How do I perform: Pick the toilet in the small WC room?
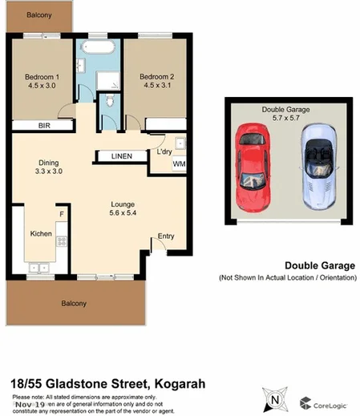pyautogui.click(x=109, y=102)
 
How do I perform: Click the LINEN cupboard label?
pyautogui.click(x=123, y=155)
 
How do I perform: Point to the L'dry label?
pyautogui.click(x=166, y=152)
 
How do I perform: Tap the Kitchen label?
pyautogui.click(x=41, y=234)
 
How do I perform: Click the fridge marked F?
pyautogui.click(x=61, y=215)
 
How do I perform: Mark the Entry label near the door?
pyautogui.click(x=166, y=236)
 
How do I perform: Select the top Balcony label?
pyautogui.click(x=38, y=15)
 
